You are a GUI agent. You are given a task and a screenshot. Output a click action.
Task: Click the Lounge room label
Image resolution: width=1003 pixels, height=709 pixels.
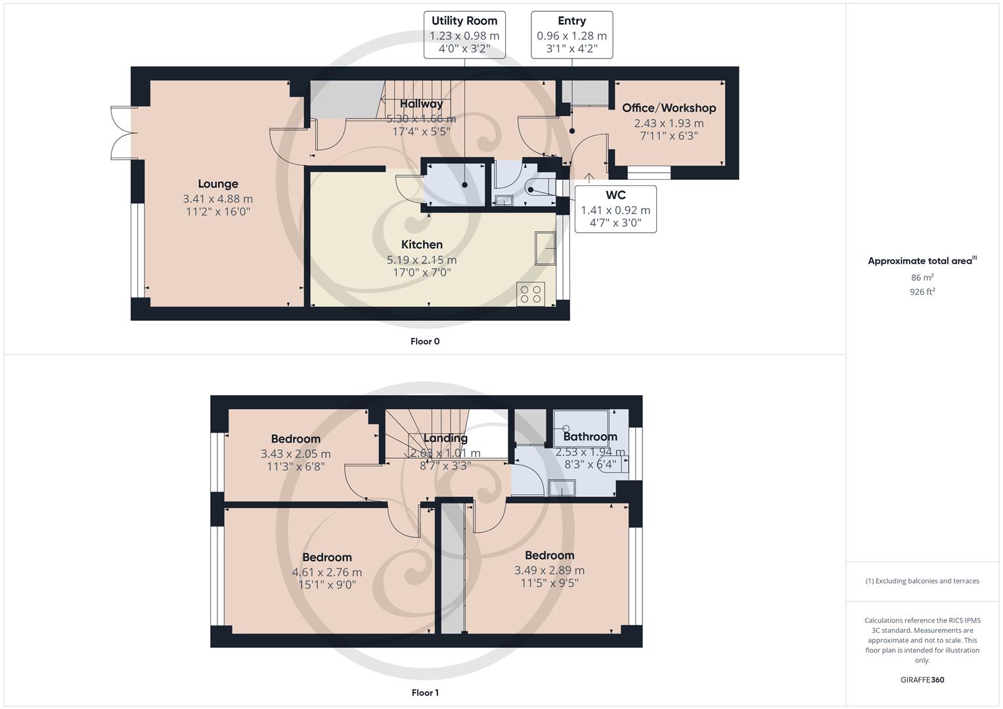click(x=218, y=184)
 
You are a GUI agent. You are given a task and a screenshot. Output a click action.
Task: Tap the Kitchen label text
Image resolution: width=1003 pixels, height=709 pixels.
click(x=422, y=244)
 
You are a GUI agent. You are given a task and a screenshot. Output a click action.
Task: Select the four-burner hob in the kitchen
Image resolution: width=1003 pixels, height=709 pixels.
click(x=531, y=294)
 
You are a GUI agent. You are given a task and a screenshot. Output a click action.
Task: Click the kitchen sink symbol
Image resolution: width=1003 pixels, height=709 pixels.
click(x=545, y=247)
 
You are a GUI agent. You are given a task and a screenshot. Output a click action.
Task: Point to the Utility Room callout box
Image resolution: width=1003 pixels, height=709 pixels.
click(x=464, y=35)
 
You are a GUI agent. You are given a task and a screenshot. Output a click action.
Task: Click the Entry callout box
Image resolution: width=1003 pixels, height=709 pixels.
click(x=571, y=35)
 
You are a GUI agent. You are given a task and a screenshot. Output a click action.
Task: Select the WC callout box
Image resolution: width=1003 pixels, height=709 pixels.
click(x=615, y=209)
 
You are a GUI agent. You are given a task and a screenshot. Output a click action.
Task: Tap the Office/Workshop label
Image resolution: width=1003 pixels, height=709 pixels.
click(x=669, y=108)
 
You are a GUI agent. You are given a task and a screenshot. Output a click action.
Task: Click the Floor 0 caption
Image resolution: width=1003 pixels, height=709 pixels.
click(x=425, y=341)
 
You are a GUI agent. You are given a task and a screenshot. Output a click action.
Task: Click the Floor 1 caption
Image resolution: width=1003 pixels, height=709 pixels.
click(x=425, y=693)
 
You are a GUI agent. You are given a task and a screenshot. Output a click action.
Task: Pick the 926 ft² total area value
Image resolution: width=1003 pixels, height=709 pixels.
click(x=922, y=291)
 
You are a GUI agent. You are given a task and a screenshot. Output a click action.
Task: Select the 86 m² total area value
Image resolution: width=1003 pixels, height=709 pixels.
click(x=922, y=278)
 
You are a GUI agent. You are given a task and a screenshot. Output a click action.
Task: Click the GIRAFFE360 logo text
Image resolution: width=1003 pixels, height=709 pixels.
click(x=922, y=679)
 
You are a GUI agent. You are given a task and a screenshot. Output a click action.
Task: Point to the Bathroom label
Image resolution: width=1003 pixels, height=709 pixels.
click(x=590, y=437)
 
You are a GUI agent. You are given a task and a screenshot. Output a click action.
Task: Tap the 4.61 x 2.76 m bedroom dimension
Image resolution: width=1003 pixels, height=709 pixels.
click(x=326, y=572)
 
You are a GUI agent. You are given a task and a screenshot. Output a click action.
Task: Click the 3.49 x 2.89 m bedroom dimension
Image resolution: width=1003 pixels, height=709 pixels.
click(x=549, y=570)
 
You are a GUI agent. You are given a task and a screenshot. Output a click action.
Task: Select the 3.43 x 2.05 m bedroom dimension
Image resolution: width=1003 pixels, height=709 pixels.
click(x=296, y=454)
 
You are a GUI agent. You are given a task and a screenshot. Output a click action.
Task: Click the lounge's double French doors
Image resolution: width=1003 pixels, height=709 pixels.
click(x=122, y=133)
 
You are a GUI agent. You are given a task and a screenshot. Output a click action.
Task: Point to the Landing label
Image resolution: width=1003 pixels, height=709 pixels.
click(x=445, y=438)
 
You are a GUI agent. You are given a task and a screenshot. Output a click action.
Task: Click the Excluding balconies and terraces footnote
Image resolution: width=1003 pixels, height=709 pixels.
click(x=922, y=581)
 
